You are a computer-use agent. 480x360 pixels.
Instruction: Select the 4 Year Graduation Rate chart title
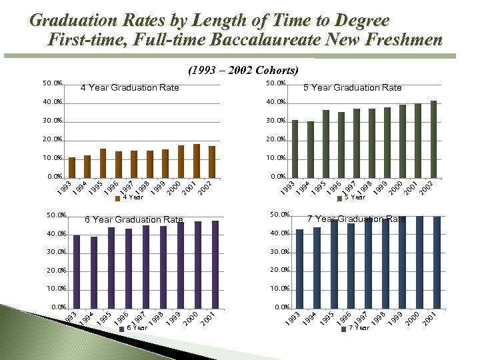[129, 87]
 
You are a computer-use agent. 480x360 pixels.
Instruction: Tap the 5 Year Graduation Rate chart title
[352, 87]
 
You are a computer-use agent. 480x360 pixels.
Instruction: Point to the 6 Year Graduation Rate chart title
[133, 219]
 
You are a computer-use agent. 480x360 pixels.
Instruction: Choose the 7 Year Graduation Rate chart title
[356, 219]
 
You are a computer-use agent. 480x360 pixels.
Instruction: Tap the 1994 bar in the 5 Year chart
[310, 149]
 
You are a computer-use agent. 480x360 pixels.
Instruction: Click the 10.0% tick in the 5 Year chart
[275, 158]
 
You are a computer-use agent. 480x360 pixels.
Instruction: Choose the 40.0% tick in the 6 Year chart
[57, 234]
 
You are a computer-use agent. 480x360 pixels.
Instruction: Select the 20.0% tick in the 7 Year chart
[279, 271]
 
